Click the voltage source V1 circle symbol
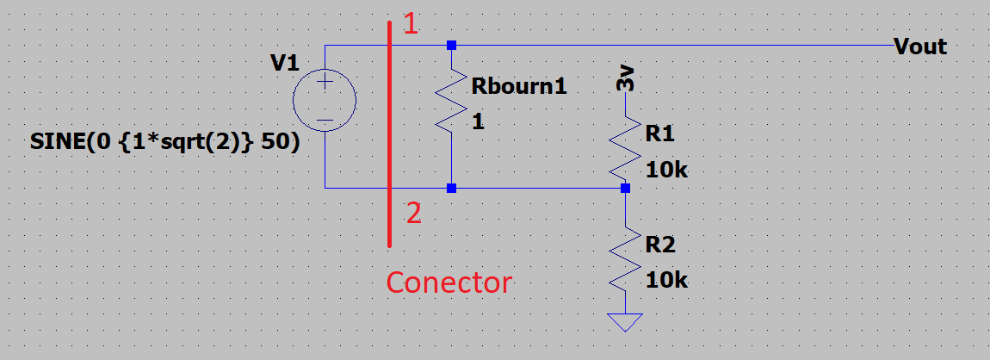pyautogui.click(x=325, y=101)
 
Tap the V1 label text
pyautogui.click(x=285, y=63)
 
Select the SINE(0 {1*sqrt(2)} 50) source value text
pyautogui.click(x=164, y=143)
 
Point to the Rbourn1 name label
pyautogui.click(x=519, y=86)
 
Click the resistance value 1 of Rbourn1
pyautogui.click(x=478, y=122)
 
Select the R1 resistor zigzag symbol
pyautogui.click(x=625, y=149)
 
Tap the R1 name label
pyautogui.click(x=659, y=133)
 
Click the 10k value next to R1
pyautogui.click(x=666, y=171)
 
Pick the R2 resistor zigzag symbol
pyautogui.click(x=625, y=259)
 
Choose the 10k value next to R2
pyautogui.click(x=666, y=281)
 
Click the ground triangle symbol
pyautogui.click(x=625, y=322)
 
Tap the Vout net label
pyautogui.click(x=920, y=47)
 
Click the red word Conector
pyautogui.click(x=449, y=282)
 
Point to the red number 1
pyautogui.click(x=411, y=24)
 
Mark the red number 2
pyautogui.click(x=413, y=214)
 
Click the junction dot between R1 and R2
pyautogui.click(x=625, y=188)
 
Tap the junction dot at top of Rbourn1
pyautogui.click(x=451, y=46)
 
